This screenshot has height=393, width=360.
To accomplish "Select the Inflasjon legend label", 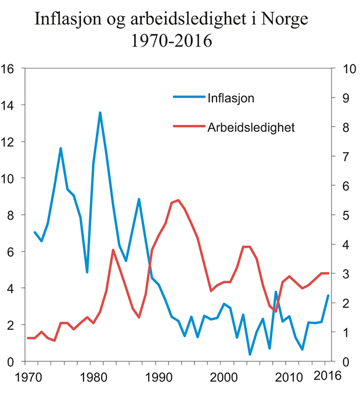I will tap(231, 97).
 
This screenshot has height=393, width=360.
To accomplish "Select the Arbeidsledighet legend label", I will tap(251, 127).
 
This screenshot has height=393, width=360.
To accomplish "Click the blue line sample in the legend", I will tap(189, 97).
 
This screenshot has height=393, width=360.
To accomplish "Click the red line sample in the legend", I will tap(189, 126).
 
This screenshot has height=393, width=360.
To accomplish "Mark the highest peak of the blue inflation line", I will tap(100, 113).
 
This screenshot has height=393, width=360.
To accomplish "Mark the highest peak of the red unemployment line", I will tap(178, 200).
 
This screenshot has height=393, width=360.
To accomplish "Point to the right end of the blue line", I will tap(328, 296).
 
